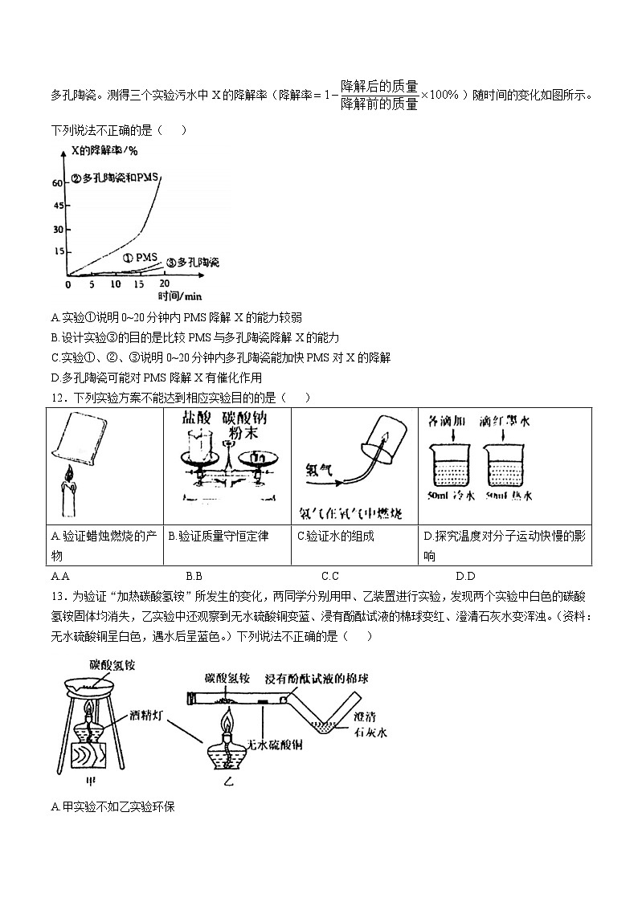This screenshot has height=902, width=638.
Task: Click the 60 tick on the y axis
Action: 57,183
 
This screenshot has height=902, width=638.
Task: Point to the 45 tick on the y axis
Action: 57,206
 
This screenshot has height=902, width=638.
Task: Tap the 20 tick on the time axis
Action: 164,284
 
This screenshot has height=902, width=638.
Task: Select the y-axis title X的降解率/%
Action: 104,150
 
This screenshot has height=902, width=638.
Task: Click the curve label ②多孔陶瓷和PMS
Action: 114,178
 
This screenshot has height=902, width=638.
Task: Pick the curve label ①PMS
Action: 141,258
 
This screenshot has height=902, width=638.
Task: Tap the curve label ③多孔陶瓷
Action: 193,263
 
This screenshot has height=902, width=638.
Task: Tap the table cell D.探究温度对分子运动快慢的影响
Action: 506,546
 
